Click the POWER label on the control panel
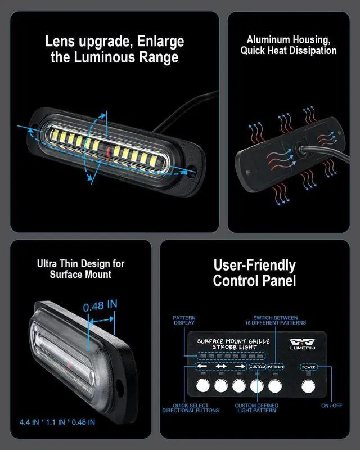[x=308, y=367]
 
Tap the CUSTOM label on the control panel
[x=257, y=367]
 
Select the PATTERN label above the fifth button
[x=276, y=367]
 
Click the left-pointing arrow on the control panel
[x=202, y=367]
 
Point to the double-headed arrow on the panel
[x=221, y=367]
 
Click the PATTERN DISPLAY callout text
[x=184, y=321]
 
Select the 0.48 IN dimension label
[x=100, y=307]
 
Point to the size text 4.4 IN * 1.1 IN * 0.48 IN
[x=57, y=421]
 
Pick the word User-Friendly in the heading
[x=254, y=265]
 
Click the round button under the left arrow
[x=202, y=386]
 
